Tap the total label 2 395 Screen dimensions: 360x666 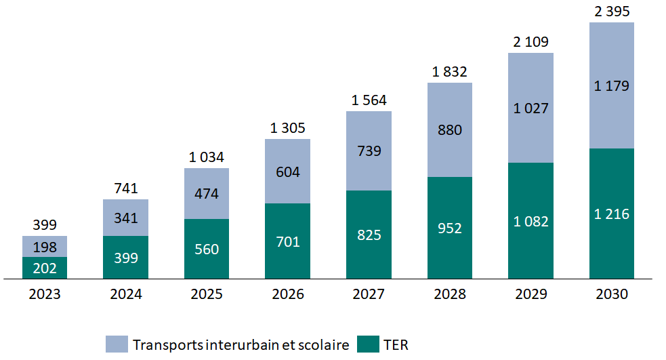click(x=612, y=12)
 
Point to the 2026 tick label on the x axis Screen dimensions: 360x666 click(x=288, y=295)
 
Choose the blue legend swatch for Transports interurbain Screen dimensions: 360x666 click(x=116, y=344)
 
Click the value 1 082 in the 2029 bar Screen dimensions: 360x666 click(x=531, y=221)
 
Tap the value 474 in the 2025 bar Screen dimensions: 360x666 click(x=207, y=193)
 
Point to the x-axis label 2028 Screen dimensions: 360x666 click(x=450, y=295)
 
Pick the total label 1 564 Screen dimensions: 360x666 click(x=369, y=100)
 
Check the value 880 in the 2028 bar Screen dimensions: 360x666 click(x=450, y=129)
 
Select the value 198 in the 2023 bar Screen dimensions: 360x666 click(x=45, y=246)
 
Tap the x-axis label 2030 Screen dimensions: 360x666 click(x=612, y=295)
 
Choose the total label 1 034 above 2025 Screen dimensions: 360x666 click(x=207, y=157)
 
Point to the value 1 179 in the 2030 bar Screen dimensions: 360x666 click(x=612, y=86)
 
